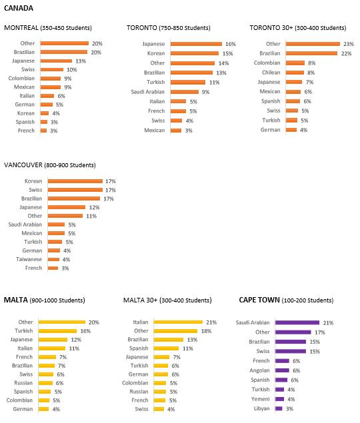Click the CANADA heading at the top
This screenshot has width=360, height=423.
[19, 8]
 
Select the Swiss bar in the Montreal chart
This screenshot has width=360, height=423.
[52, 69]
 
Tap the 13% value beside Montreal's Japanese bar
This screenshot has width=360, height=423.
[81, 61]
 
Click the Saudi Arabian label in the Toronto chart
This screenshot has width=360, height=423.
[148, 92]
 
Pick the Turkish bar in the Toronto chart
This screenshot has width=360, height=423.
[188, 83]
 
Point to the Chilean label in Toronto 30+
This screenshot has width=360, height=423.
[271, 73]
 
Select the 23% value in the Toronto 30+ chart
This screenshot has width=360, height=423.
[349, 44]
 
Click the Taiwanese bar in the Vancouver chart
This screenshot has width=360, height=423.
[54, 259]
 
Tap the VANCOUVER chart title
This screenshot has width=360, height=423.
[50, 165]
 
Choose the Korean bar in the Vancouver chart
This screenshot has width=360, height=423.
[75, 181]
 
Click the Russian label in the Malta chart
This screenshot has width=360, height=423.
[23, 383]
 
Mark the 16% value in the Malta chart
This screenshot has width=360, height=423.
[85, 331]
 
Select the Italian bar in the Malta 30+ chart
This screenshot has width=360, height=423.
[178, 322]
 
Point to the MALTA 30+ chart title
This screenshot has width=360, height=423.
[167, 300]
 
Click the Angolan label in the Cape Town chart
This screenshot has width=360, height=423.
[259, 370]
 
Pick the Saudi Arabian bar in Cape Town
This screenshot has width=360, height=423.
[297, 322]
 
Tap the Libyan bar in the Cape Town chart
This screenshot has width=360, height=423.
[279, 408]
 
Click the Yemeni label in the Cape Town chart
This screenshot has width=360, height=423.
[261, 399]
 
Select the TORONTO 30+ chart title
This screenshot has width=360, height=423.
[298, 28]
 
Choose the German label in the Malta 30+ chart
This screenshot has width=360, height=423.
[138, 374]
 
